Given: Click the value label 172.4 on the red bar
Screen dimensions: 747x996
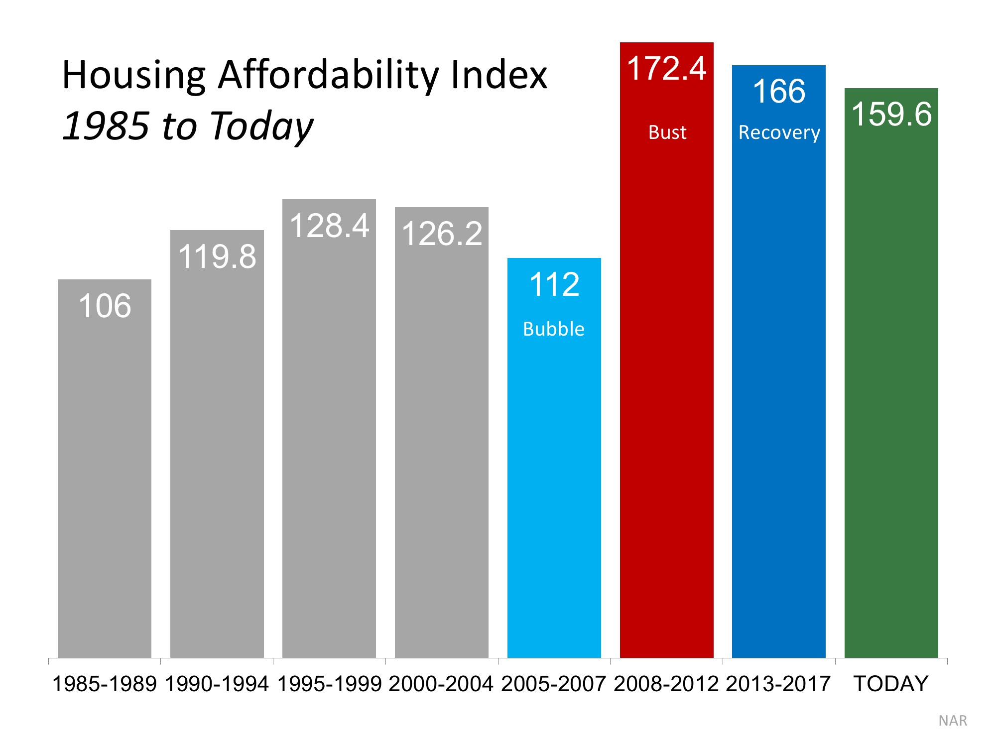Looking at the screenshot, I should pyautogui.click(x=666, y=68).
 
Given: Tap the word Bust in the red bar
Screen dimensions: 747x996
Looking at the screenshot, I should pyautogui.click(x=667, y=132).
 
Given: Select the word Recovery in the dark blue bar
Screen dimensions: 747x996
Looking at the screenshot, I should pyautogui.click(x=779, y=132).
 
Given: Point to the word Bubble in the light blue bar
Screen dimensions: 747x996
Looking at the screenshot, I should pyautogui.click(x=553, y=329).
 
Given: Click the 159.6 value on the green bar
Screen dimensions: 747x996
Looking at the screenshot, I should pyautogui.click(x=891, y=114).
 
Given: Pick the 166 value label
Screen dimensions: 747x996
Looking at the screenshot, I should pyautogui.click(x=778, y=92).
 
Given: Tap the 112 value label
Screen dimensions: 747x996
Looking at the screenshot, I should pyautogui.click(x=554, y=285).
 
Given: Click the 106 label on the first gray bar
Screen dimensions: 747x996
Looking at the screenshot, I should pyautogui.click(x=105, y=306).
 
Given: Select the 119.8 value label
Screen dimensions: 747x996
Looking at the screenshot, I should pyautogui.click(x=217, y=257).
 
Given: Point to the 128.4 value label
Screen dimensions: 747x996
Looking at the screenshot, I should pyautogui.click(x=329, y=226).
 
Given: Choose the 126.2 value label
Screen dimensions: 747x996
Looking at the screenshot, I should pyautogui.click(x=442, y=234).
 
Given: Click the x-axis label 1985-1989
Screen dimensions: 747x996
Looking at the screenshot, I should pyautogui.click(x=105, y=684).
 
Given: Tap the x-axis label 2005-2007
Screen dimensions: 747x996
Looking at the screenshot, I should pyautogui.click(x=554, y=684).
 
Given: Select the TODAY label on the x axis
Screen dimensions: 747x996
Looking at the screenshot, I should pyautogui.click(x=891, y=684).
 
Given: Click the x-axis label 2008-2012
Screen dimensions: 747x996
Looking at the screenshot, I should pyautogui.click(x=666, y=684).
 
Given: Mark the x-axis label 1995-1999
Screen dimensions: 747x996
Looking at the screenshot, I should pyautogui.click(x=329, y=684).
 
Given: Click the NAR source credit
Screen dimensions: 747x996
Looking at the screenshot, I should pyautogui.click(x=952, y=721).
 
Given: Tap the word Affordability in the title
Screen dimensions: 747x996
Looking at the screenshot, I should pyautogui.click(x=329, y=76).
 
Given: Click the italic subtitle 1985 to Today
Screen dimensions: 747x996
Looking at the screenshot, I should pyautogui.click(x=188, y=126).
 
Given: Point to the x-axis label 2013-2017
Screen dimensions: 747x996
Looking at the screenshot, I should pyautogui.click(x=778, y=684).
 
